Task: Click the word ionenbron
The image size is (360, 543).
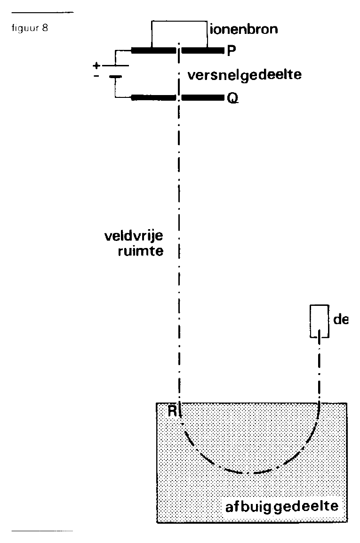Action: pos(244,29)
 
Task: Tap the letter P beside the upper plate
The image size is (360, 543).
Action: pos(232,51)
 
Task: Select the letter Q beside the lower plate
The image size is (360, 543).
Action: pos(232,98)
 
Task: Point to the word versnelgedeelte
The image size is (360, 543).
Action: pos(244,75)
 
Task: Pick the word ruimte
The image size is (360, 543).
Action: pos(141,251)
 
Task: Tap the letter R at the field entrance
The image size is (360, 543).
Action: pos(172,411)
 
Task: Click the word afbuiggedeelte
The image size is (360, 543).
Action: pos(282,507)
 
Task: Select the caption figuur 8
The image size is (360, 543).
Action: pos(30,28)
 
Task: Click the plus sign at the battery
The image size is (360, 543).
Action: pos(96,65)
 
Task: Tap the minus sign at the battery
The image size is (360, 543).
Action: pos(96,76)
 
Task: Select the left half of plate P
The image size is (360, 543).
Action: pos(153,51)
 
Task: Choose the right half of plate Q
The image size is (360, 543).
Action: pos(203,98)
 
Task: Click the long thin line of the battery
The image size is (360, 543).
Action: pos(115,65)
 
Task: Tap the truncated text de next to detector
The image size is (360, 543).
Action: pos(341,319)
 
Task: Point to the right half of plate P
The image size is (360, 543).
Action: pos(203,51)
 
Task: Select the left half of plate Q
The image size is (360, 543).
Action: pos(153,98)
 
